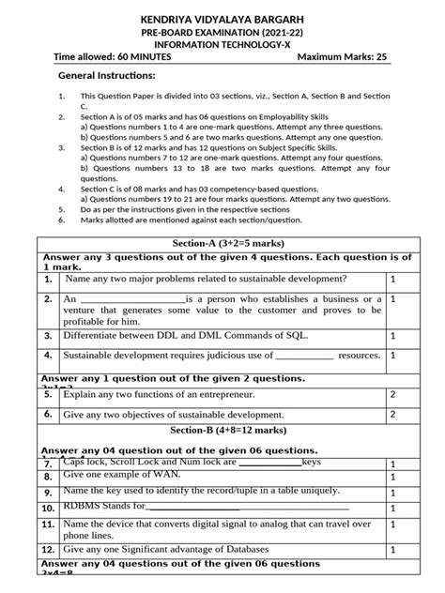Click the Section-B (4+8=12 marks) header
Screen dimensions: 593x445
point(222,429)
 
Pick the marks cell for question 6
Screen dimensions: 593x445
point(392,414)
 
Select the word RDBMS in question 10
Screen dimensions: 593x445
point(84,506)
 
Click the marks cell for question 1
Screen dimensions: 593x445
point(392,280)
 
